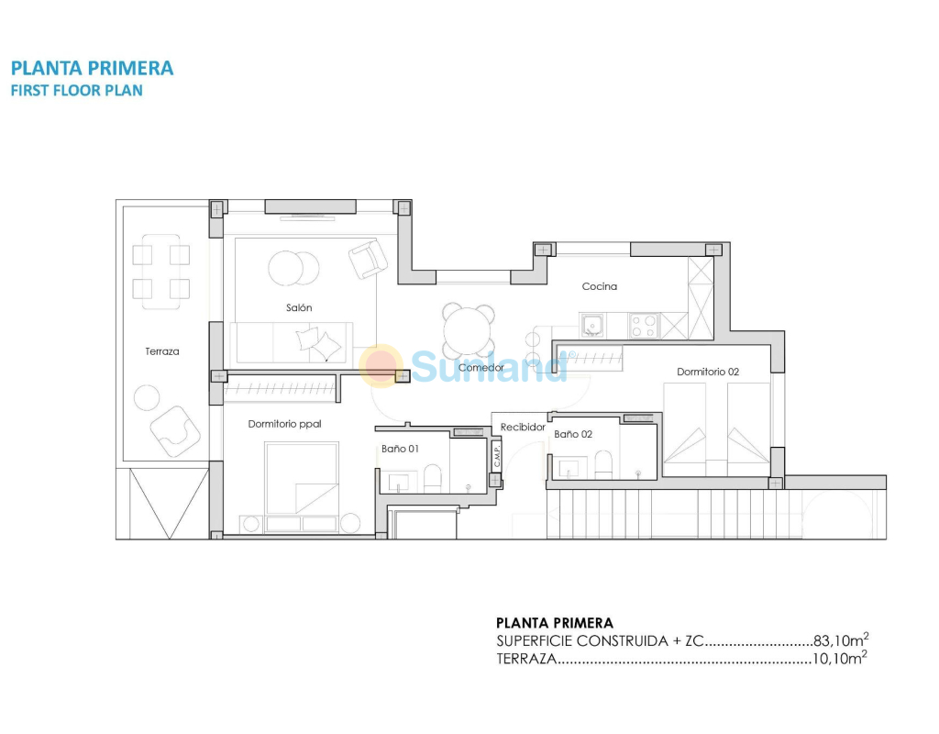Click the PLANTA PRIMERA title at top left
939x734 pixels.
click(x=93, y=68)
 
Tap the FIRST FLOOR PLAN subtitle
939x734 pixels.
click(x=77, y=91)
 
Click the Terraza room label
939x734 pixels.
click(x=161, y=351)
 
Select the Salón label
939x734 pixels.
click(x=299, y=307)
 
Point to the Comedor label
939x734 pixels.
click(x=481, y=367)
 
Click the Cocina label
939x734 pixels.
click(x=600, y=286)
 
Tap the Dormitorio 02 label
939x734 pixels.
click(x=708, y=372)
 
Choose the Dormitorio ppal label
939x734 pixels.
click(x=284, y=424)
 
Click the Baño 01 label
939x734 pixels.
click(x=400, y=448)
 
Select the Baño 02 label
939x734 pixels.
click(x=573, y=434)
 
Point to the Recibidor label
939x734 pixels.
click(x=523, y=427)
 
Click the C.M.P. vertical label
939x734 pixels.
click(x=496, y=455)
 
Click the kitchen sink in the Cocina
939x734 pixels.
click(x=591, y=326)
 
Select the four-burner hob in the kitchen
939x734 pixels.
click(x=644, y=326)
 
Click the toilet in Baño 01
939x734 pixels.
click(x=432, y=477)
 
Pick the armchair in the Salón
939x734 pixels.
click(x=368, y=259)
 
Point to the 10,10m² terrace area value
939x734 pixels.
click(x=840, y=658)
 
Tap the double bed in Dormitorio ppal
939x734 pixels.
click(x=301, y=479)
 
